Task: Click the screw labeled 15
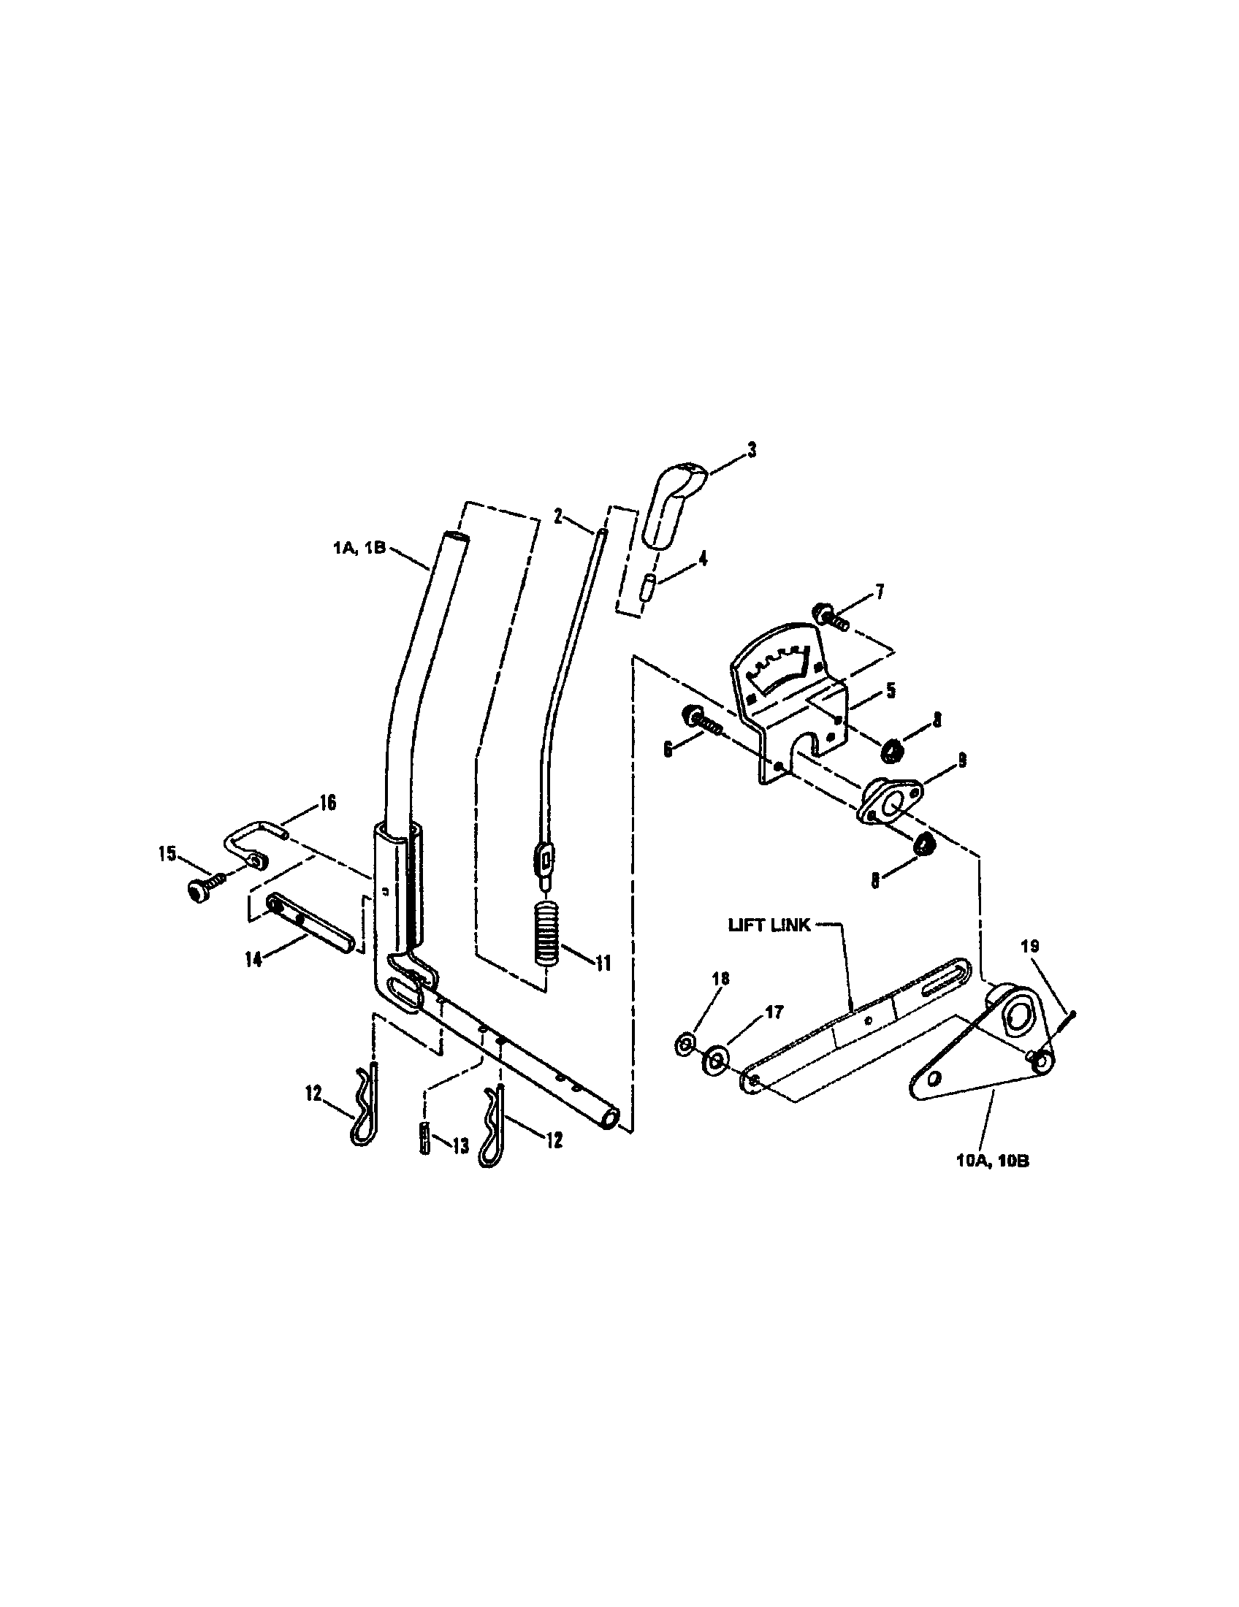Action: tap(202, 891)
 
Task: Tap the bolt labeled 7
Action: tap(831, 617)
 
